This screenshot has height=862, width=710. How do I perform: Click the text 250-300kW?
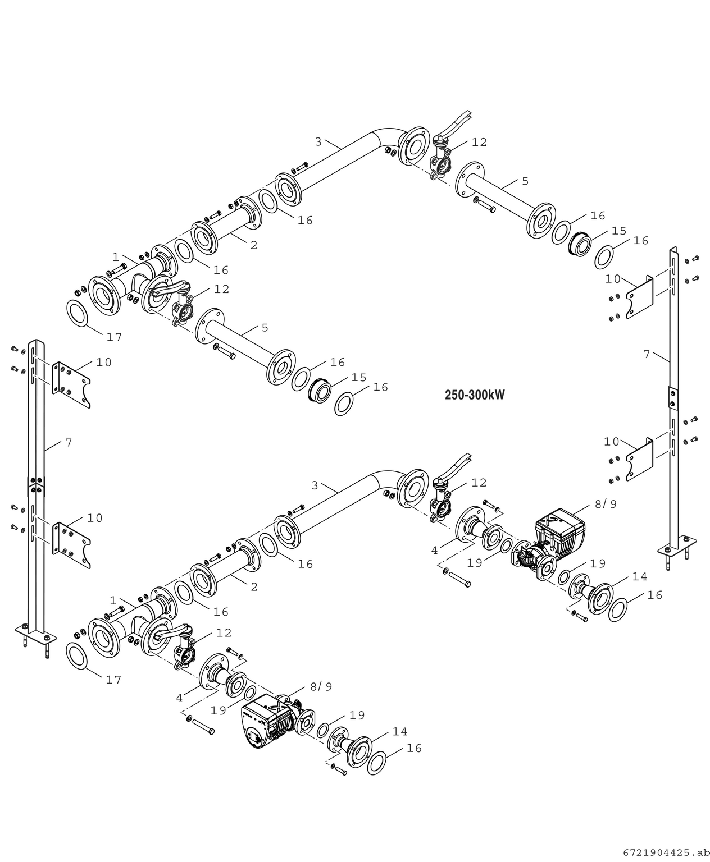475,395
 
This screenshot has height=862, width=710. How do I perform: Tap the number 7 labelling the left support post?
69,443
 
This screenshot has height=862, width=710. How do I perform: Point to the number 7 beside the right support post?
647,354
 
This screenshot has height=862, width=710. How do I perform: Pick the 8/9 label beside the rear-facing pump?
606,504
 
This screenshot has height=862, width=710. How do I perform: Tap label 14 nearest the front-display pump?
400,731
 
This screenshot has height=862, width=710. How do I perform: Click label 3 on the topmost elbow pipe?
318,142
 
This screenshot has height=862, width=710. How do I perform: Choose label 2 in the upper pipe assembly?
254,245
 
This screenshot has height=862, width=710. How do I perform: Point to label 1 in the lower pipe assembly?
113,600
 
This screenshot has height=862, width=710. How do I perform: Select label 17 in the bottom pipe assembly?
114,680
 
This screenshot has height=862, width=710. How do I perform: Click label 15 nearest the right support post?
619,231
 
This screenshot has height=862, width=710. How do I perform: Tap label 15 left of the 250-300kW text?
359,377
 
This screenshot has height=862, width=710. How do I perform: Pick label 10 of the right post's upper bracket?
613,278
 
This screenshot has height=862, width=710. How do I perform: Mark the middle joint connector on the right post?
672,397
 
